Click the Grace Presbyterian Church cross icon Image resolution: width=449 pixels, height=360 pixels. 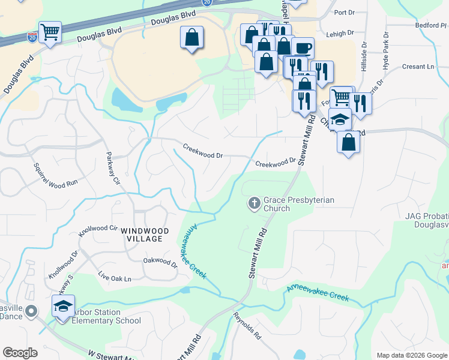point(254,203)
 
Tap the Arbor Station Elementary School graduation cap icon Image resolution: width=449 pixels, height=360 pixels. point(63,307)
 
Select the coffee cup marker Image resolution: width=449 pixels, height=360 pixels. point(303,48)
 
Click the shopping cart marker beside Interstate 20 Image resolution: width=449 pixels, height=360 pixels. point(50,32)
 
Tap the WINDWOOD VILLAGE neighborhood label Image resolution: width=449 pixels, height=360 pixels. point(142,235)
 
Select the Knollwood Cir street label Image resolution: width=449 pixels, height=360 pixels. point(98,229)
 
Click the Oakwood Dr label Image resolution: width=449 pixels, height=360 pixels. point(160,262)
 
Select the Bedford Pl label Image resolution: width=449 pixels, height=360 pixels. point(431,26)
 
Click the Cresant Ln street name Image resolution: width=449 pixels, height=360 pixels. point(418,67)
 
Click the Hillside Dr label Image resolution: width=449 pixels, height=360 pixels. point(364,57)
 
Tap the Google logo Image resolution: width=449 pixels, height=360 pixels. point(20,353)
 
